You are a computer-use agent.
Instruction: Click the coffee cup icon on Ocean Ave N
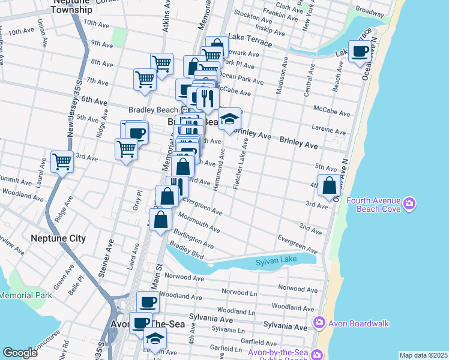(x=360, y=51)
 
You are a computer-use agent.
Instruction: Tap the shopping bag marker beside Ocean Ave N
(x=329, y=185)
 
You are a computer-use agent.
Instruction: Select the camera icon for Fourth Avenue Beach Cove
(x=409, y=203)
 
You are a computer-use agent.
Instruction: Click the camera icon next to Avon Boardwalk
(x=319, y=323)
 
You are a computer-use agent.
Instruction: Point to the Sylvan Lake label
(x=276, y=262)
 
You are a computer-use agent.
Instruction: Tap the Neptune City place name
(x=58, y=238)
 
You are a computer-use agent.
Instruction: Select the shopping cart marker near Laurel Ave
(x=62, y=161)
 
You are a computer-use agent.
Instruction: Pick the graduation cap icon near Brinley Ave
(x=229, y=119)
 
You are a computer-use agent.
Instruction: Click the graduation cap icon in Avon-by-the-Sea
(x=155, y=339)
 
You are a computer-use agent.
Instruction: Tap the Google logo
(x=20, y=353)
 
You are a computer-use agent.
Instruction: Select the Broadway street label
(x=369, y=11)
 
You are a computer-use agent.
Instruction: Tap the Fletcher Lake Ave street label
(x=241, y=164)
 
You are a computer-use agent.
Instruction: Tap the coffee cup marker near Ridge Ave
(x=136, y=133)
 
